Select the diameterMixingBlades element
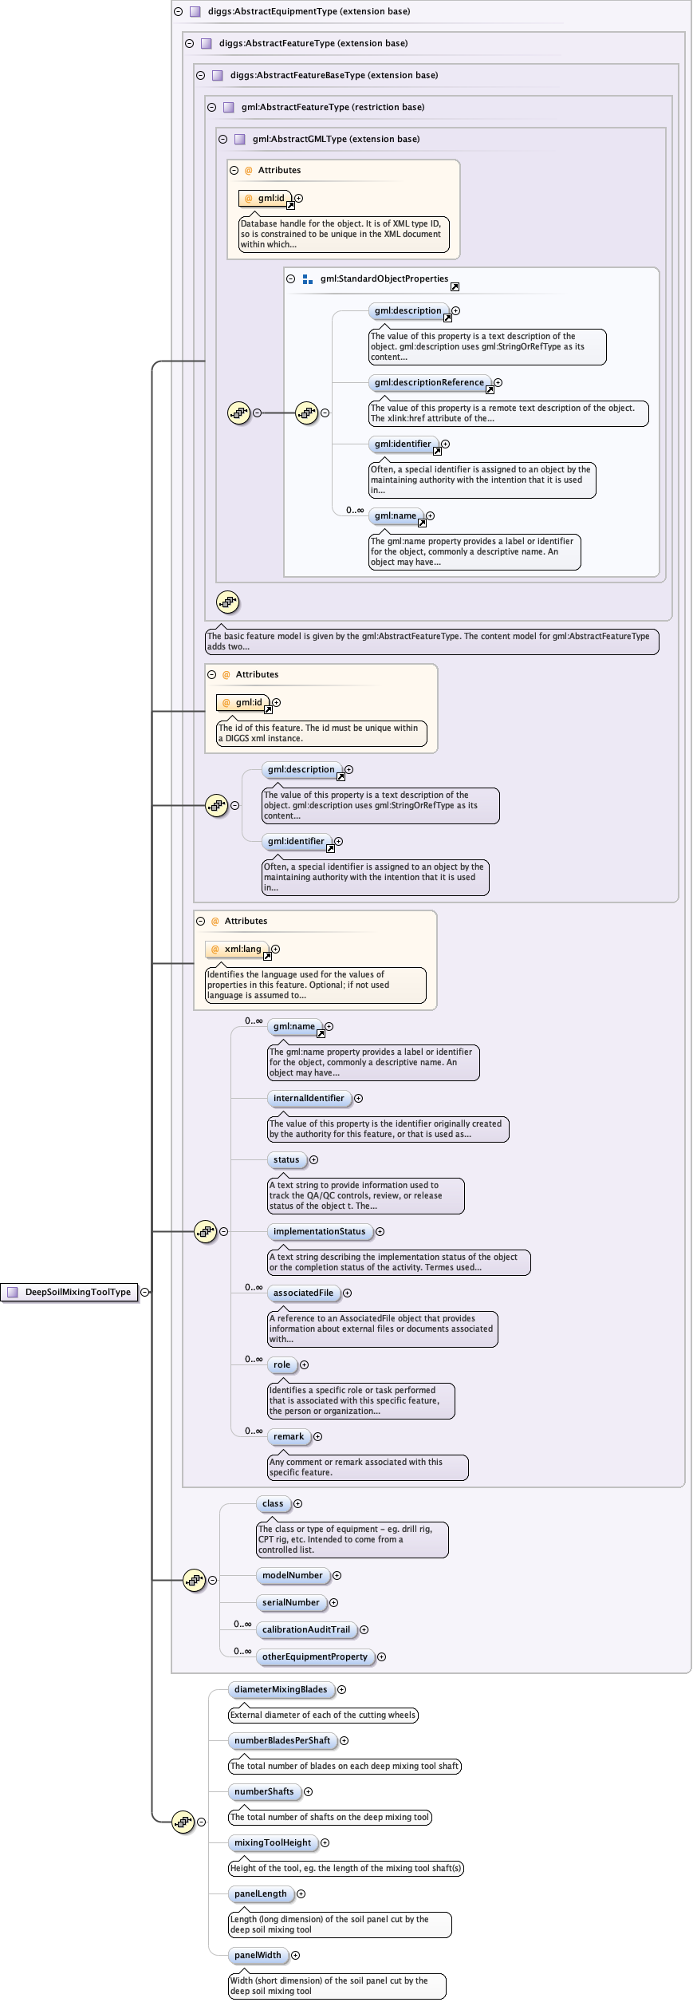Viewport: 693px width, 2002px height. click(281, 1689)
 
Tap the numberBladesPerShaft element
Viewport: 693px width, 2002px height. click(282, 1740)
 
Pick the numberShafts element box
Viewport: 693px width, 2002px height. click(264, 1791)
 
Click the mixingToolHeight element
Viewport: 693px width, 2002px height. click(273, 1842)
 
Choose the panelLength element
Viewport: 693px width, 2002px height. click(260, 1893)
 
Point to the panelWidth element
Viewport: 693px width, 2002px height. click(258, 1955)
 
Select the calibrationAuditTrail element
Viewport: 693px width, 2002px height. click(305, 1629)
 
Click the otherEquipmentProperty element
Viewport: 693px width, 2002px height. click(314, 1656)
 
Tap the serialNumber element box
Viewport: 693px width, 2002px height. click(290, 1602)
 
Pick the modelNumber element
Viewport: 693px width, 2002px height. click(292, 1575)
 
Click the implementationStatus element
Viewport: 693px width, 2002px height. click(319, 1231)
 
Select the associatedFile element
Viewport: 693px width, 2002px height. click(303, 1293)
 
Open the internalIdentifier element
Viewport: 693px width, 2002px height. click(309, 1098)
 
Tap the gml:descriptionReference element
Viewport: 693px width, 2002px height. click(429, 382)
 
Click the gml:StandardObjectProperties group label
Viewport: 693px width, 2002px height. click(384, 278)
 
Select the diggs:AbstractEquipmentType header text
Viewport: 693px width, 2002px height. click(309, 11)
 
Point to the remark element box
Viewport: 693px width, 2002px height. click(288, 1436)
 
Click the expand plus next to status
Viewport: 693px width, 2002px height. click(313, 1159)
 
